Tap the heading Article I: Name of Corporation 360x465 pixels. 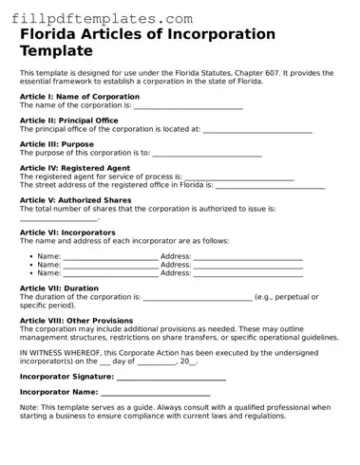tap(80, 96)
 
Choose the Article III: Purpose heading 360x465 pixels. tap(57, 143)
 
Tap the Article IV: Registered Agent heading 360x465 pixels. tap(75, 168)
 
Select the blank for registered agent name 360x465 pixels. tap(238, 177)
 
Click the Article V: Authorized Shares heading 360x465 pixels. tap(75, 200)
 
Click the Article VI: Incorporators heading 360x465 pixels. tap(67, 232)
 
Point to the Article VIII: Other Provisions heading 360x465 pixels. tap(76, 320)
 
